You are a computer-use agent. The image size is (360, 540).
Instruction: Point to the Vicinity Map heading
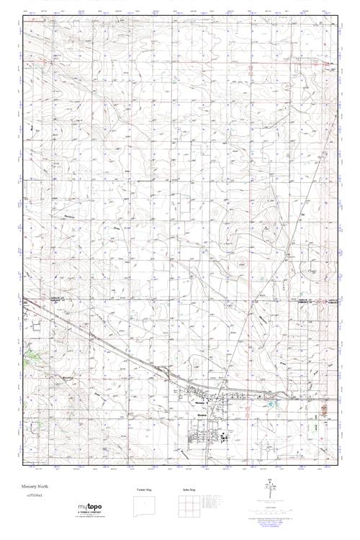coord(145,490)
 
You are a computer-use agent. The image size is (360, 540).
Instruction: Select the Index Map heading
coord(191,490)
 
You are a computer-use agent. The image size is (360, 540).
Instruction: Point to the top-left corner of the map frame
coord(22,17)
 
